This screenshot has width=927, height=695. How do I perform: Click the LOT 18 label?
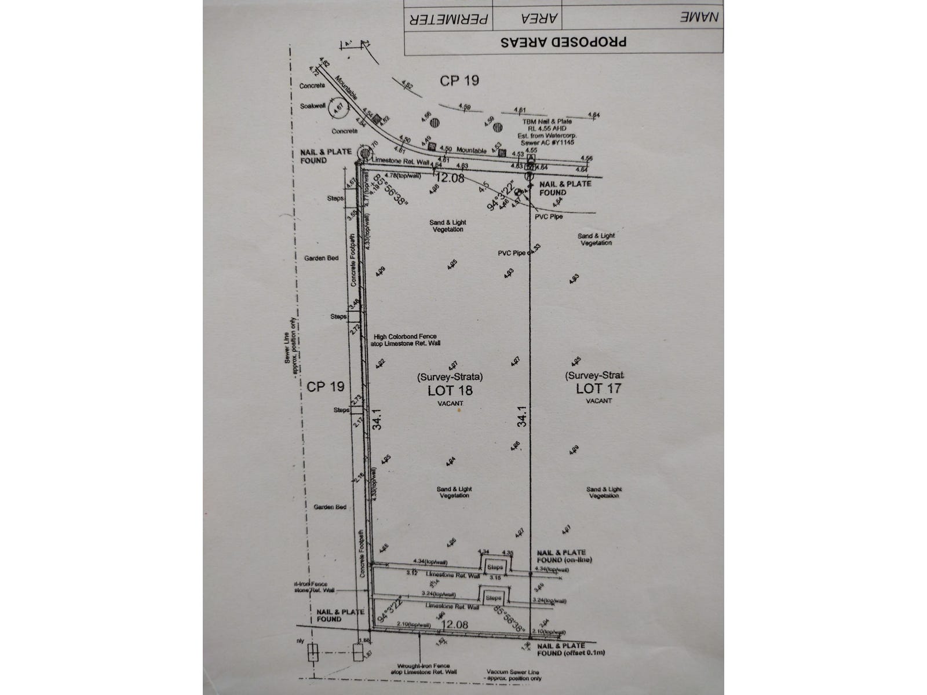450,390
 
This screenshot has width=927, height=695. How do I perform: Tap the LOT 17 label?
598,388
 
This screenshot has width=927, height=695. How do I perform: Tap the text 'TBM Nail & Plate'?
544,121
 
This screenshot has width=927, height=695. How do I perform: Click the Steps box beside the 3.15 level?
495,567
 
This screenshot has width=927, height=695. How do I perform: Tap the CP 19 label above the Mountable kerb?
459,81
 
